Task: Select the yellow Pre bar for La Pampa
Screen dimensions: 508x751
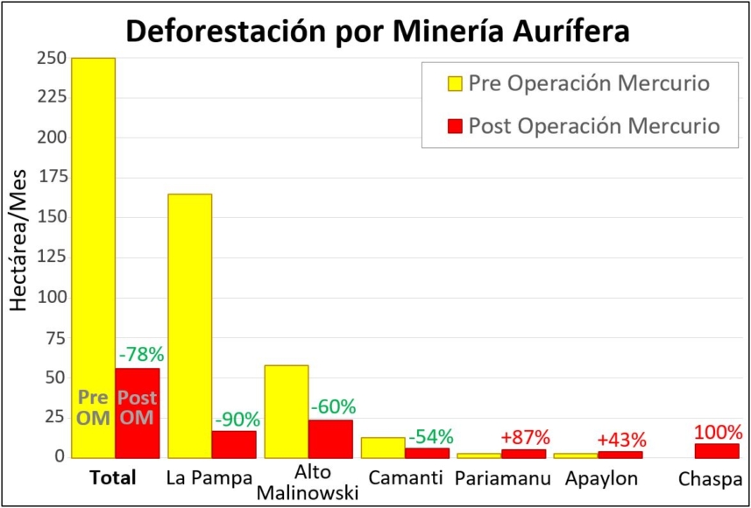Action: tap(189, 324)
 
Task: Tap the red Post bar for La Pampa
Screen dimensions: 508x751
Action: tap(234, 444)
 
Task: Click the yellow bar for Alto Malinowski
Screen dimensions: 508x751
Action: tap(287, 412)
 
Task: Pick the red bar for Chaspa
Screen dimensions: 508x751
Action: tap(717, 450)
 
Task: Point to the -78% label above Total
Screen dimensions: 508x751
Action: tap(140, 355)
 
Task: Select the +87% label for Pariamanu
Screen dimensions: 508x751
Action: tap(525, 437)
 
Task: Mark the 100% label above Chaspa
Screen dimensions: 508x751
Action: tap(719, 432)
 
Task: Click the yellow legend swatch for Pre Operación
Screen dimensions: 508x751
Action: tap(455, 84)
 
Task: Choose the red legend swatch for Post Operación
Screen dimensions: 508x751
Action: tap(455, 126)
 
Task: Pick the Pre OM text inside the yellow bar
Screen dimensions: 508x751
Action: tap(93, 407)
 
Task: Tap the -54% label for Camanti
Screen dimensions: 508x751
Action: tap(429, 436)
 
